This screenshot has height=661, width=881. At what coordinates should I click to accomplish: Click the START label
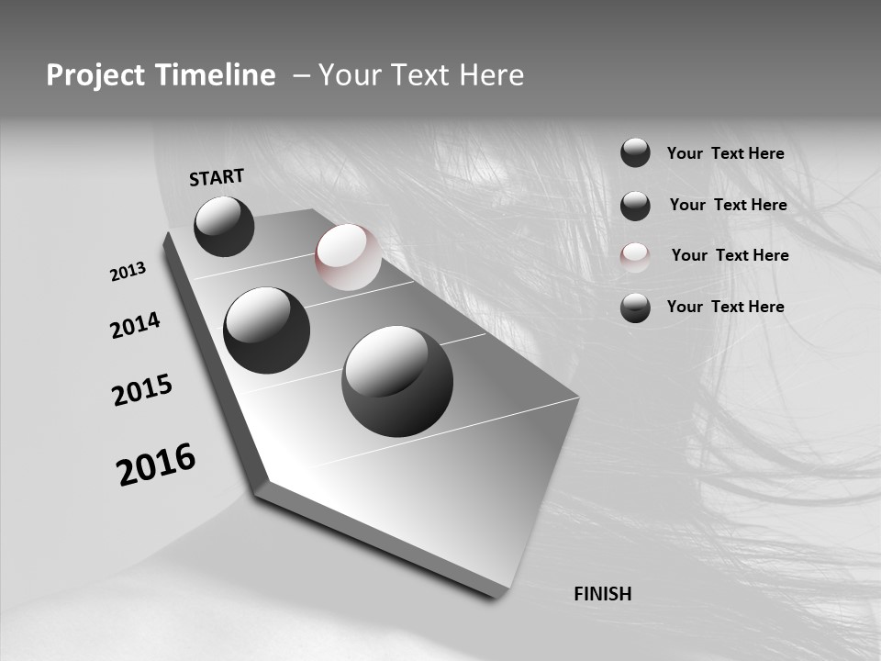click(x=217, y=177)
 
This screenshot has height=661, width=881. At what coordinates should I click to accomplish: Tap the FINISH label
click(x=602, y=594)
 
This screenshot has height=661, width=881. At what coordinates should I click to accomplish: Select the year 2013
click(x=128, y=272)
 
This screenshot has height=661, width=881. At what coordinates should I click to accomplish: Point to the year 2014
click(x=135, y=326)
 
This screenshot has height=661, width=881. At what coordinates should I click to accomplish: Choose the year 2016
click(x=156, y=465)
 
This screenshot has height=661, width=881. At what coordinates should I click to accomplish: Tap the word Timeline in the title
click(x=217, y=75)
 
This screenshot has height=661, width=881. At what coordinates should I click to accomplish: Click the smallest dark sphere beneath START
click(x=224, y=226)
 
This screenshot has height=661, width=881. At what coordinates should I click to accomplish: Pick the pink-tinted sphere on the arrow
click(x=348, y=257)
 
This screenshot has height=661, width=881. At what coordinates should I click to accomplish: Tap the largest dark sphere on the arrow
click(x=397, y=381)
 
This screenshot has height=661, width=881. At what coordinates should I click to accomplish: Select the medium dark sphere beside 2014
click(x=266, y=330)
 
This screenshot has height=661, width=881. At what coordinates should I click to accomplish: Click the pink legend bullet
click(x=635, y=257)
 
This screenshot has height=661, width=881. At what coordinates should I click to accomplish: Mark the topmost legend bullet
click(x=635, y=152)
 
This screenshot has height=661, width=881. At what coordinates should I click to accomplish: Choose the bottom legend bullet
click(x=635, y=308)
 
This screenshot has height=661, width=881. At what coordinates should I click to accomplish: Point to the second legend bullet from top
click(x=635, y=206)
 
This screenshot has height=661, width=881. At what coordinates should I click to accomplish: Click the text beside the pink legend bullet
click(x=730, y=255)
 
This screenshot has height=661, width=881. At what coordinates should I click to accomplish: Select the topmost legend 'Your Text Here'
click(x=725, y=153)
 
